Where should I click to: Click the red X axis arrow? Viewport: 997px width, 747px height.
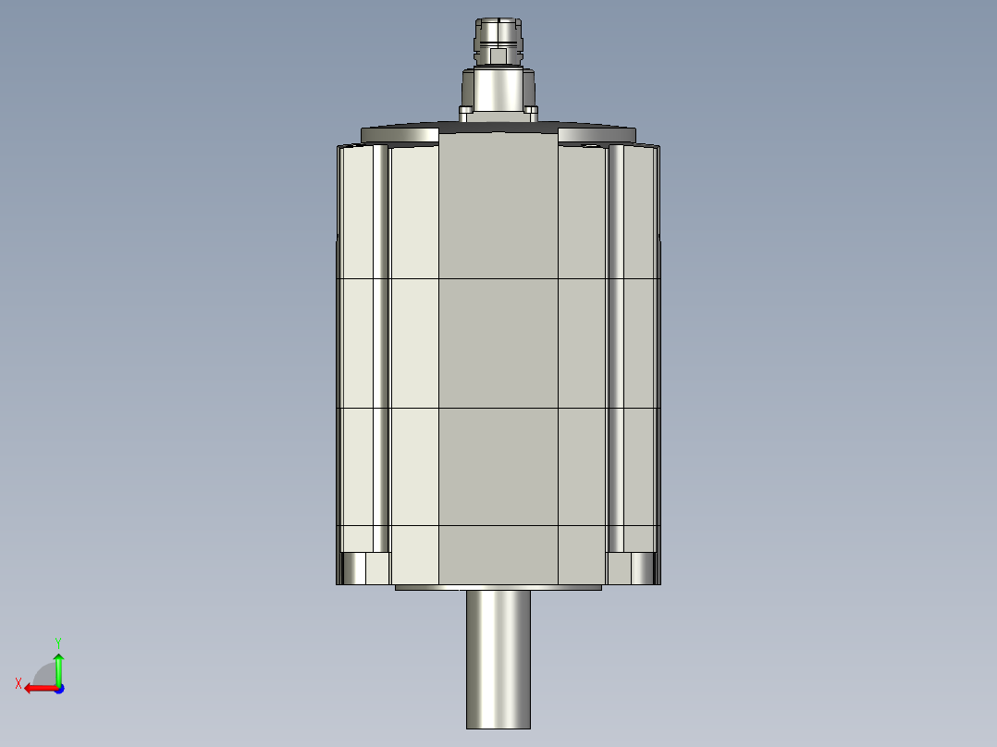click(39, 688)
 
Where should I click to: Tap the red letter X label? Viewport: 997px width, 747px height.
click(18, 683)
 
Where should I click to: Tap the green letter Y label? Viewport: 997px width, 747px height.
click(57, 641)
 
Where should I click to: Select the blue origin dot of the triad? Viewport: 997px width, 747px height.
click(58, 688)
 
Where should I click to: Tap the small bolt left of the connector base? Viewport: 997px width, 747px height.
click(464, 113)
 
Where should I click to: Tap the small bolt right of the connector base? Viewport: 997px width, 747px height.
click(533, 113)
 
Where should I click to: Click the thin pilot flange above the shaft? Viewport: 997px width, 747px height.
click(498, 587)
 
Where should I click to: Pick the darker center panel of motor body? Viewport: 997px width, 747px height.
click(498, 351)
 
